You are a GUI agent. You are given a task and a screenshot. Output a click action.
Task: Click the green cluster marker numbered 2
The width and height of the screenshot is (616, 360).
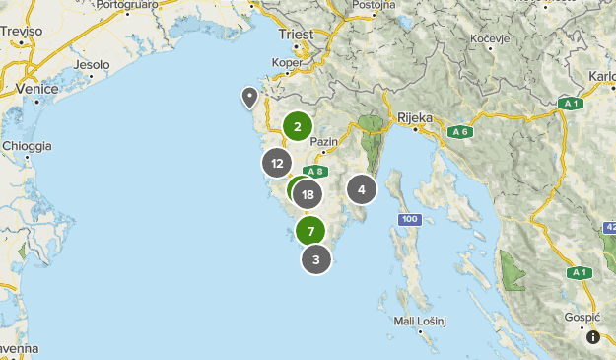(x=297, y=126)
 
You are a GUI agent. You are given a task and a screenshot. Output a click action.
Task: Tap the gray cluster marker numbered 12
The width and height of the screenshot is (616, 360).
(x=278, y=164)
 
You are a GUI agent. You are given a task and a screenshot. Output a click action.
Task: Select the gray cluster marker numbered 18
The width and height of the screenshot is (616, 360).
(x=309, y=194)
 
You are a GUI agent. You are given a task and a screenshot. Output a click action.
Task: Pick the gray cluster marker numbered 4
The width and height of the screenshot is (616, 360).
(x=362, y=189)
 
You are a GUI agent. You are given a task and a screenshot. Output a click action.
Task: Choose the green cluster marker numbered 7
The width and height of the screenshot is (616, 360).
(x=310, y=232)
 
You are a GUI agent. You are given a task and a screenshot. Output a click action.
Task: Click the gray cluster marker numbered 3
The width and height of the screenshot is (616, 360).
(x=315, y=259)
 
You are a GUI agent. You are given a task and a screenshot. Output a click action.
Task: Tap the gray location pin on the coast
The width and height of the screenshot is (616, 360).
(x=250, y=97)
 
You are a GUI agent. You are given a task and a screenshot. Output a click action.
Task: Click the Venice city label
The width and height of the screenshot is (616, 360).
(x=37, y=89)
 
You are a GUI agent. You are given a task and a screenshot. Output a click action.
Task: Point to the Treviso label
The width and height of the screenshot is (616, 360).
(x=22, y=32)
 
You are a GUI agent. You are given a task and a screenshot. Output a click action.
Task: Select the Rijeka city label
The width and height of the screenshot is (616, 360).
(x=415, y=118)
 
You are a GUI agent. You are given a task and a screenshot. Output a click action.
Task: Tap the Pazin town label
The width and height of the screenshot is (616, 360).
(x=323, y=142)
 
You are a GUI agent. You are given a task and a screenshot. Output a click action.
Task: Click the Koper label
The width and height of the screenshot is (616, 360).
(x=287, y=62)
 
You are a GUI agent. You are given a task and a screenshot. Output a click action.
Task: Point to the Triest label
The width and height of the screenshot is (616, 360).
(x=295, y=35)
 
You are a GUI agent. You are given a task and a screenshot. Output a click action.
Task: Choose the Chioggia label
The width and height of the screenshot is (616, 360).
(x=27, y=146)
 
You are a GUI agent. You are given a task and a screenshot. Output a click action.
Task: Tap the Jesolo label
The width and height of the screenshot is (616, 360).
(x=92, y=65)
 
